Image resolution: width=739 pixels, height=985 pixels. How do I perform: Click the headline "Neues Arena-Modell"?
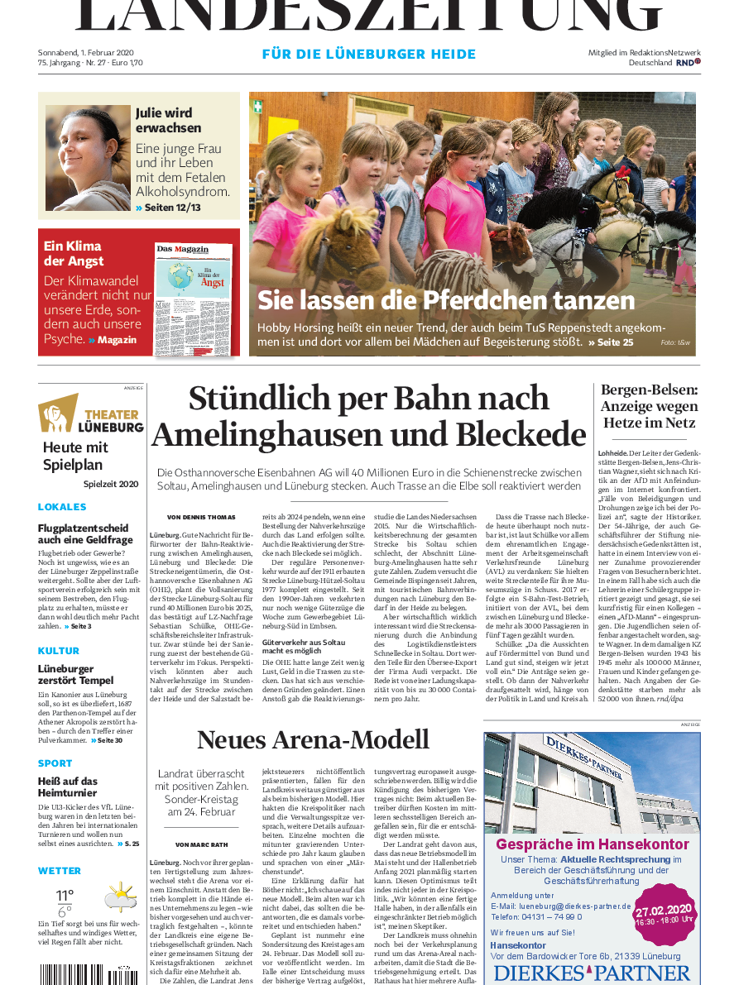tap(313, 739)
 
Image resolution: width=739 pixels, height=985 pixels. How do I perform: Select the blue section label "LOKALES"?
tap(62, 507)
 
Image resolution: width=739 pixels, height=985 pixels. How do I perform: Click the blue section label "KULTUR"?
tap(59, 652)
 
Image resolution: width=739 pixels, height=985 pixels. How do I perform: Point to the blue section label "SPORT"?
tap(55, 763)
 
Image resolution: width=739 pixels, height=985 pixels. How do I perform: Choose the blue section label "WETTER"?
tap(60, 871)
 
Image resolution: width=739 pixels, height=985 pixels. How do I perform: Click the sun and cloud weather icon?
tap(121, 897)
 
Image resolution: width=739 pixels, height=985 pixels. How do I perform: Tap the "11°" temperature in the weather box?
tap(65, 895)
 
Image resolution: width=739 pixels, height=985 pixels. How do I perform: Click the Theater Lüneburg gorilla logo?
tap(58, 414)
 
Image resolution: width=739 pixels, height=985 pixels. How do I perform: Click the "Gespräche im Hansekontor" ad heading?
tap(592, 844)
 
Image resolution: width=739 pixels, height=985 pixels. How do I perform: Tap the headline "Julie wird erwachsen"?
tap(168, 120)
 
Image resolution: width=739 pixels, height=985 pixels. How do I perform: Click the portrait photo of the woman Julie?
tap(88, 158)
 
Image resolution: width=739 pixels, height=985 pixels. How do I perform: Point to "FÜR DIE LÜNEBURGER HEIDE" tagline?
tap(369, 55)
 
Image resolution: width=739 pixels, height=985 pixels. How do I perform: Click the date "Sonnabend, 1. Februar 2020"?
tap(85, 52)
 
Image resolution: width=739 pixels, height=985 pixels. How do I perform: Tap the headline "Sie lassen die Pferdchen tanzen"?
tap(446, 300)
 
